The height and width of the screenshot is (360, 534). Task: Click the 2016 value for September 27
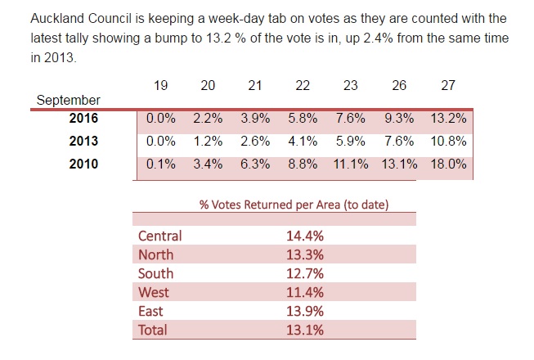click(x=449, y=119)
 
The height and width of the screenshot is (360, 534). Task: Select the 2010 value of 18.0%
click(x=449, y=164)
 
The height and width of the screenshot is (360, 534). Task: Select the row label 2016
click(x=83, y=119)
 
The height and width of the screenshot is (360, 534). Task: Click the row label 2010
click(x=83, y=164)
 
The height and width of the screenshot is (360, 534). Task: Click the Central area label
click(x=160, y=236)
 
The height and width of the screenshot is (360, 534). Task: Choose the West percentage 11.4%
click(x=304, y=293)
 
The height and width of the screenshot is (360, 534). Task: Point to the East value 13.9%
click(x=304, y=312)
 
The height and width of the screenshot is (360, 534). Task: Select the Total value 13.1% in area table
click(x=304, y=331)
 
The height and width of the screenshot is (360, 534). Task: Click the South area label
click(x=155, y=274)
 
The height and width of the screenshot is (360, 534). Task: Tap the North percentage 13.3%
click(x=304, y=255)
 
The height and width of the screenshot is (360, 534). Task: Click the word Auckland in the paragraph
click(x=58, y=17)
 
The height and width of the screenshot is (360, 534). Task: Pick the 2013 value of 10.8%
click(x=449, y=142)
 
